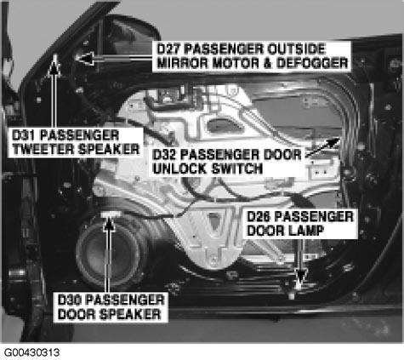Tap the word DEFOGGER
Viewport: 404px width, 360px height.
tap(312, 63)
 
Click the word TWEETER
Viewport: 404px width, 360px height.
tap(43, 149)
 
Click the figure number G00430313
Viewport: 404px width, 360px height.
tap(31, 352)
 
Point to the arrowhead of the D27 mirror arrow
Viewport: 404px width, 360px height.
tap(84, 58)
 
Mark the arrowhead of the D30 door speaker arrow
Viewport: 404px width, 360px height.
tap(109, 224)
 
